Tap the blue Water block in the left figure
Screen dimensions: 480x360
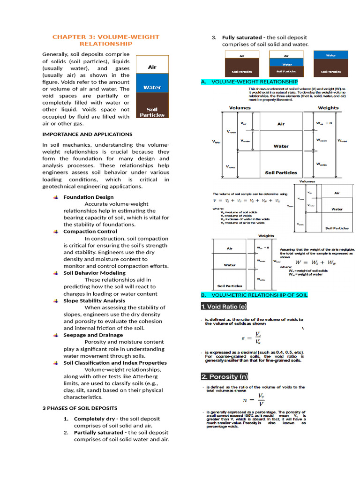pos(152,87)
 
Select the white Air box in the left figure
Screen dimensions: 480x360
pos(152,67)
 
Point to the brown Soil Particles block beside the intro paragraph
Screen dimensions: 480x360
pos(152,112)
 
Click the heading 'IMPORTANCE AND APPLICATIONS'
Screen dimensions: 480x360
pos(87,134)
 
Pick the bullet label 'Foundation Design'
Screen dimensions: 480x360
pos(88,197)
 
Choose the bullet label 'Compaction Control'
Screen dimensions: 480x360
pos(90,231)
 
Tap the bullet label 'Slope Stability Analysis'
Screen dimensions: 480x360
pos(94,300)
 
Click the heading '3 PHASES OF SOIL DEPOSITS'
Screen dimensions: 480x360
pos(80,408)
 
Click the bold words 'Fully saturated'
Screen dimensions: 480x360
pos(241,37)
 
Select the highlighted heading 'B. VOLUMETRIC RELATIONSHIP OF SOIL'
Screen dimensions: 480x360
pos(254,295)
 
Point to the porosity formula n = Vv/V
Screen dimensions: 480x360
pos(254,400)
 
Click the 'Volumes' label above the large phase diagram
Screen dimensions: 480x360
pos(240,108)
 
